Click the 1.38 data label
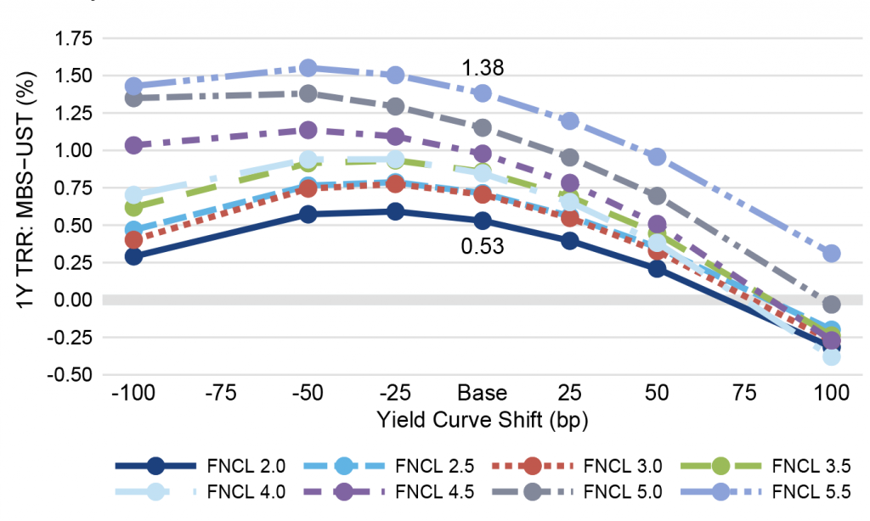click(x=483, y=68)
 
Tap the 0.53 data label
click(x=483, y=248)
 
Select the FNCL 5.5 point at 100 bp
click(x=831, y=253)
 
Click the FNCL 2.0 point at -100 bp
click(x=133, y=255)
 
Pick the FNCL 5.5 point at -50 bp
click(x=308, y=68)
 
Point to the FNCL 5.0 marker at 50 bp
click(x=657, y=196)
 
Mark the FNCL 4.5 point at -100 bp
click(x=133, y=145)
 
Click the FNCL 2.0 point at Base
click(x=483, y=221)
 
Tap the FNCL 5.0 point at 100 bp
click(x=831, y=304)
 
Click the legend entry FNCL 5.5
click(x=805, y=491)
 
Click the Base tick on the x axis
click(x=483, y=393)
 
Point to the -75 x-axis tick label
click(x=221, y=393)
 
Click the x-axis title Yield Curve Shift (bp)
click(x=482, y=418)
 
